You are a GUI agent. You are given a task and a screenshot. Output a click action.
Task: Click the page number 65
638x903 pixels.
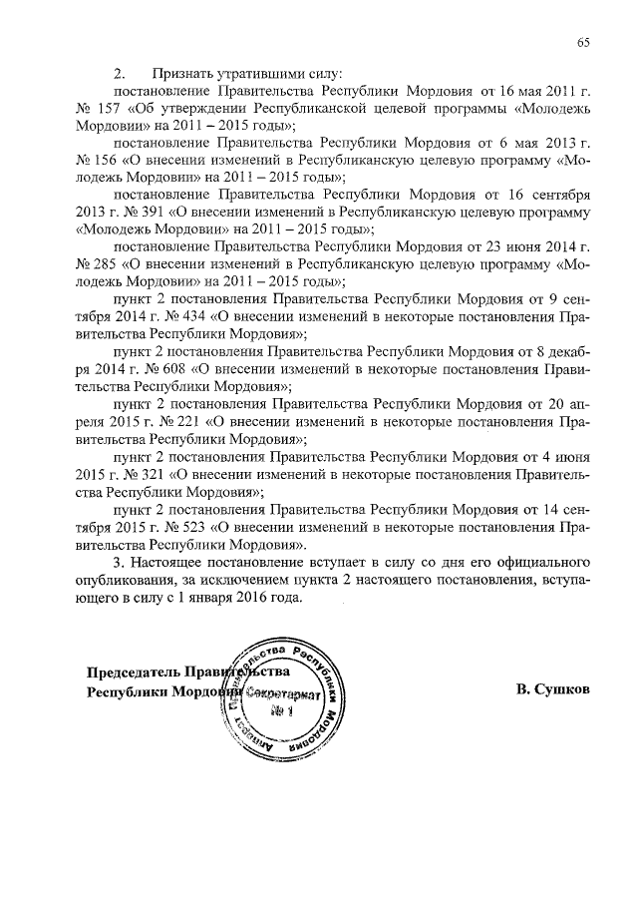coord(582,42)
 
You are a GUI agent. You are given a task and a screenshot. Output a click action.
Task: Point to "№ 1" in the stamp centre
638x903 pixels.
coord(282,710)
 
